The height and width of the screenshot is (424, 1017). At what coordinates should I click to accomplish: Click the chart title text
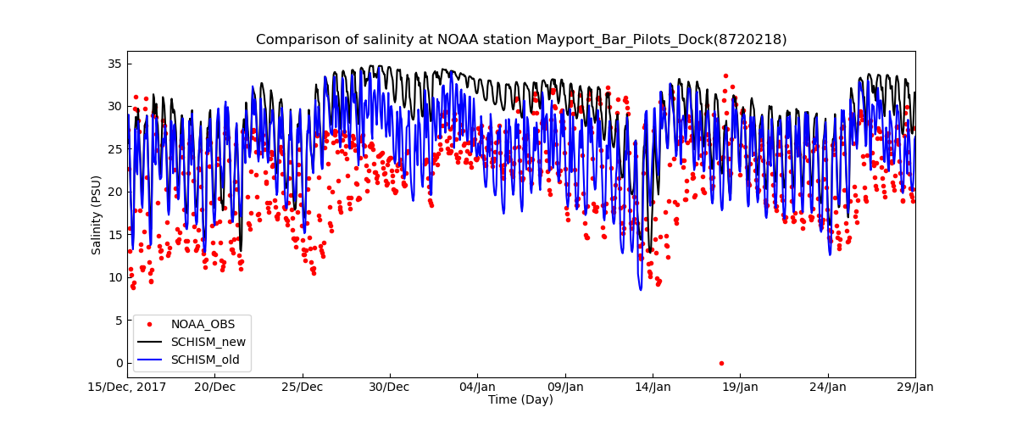[520, 40]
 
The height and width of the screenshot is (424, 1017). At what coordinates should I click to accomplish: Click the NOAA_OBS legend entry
[203, 324]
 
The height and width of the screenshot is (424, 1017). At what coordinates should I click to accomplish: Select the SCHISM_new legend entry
[208, 342]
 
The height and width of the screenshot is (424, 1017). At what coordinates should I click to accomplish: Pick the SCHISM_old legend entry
[205, 360]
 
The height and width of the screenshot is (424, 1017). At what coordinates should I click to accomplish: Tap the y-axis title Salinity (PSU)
[97, 215]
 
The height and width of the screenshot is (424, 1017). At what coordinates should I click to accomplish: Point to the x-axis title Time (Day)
[520, 399]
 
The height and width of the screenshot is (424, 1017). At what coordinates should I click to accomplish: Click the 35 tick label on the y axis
[114, 64]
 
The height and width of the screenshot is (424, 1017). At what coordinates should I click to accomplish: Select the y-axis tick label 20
[114, 192]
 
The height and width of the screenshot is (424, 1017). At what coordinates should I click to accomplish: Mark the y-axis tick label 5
[117, 321]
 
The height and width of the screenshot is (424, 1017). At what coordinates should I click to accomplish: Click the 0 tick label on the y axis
[117, 363]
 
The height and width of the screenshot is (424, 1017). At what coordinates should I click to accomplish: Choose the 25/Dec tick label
[302, 388]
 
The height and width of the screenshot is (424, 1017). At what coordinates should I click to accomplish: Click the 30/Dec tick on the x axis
[389, 388]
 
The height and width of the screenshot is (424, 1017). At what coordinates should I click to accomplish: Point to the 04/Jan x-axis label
[476, 388]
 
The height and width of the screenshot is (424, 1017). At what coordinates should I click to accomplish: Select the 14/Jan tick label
[652, 388]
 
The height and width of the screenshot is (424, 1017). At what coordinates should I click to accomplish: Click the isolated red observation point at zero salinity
[721, 363]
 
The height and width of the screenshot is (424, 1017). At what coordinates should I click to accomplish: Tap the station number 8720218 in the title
[753, 40]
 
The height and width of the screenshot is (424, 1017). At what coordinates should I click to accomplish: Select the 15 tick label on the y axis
[114, 235]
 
